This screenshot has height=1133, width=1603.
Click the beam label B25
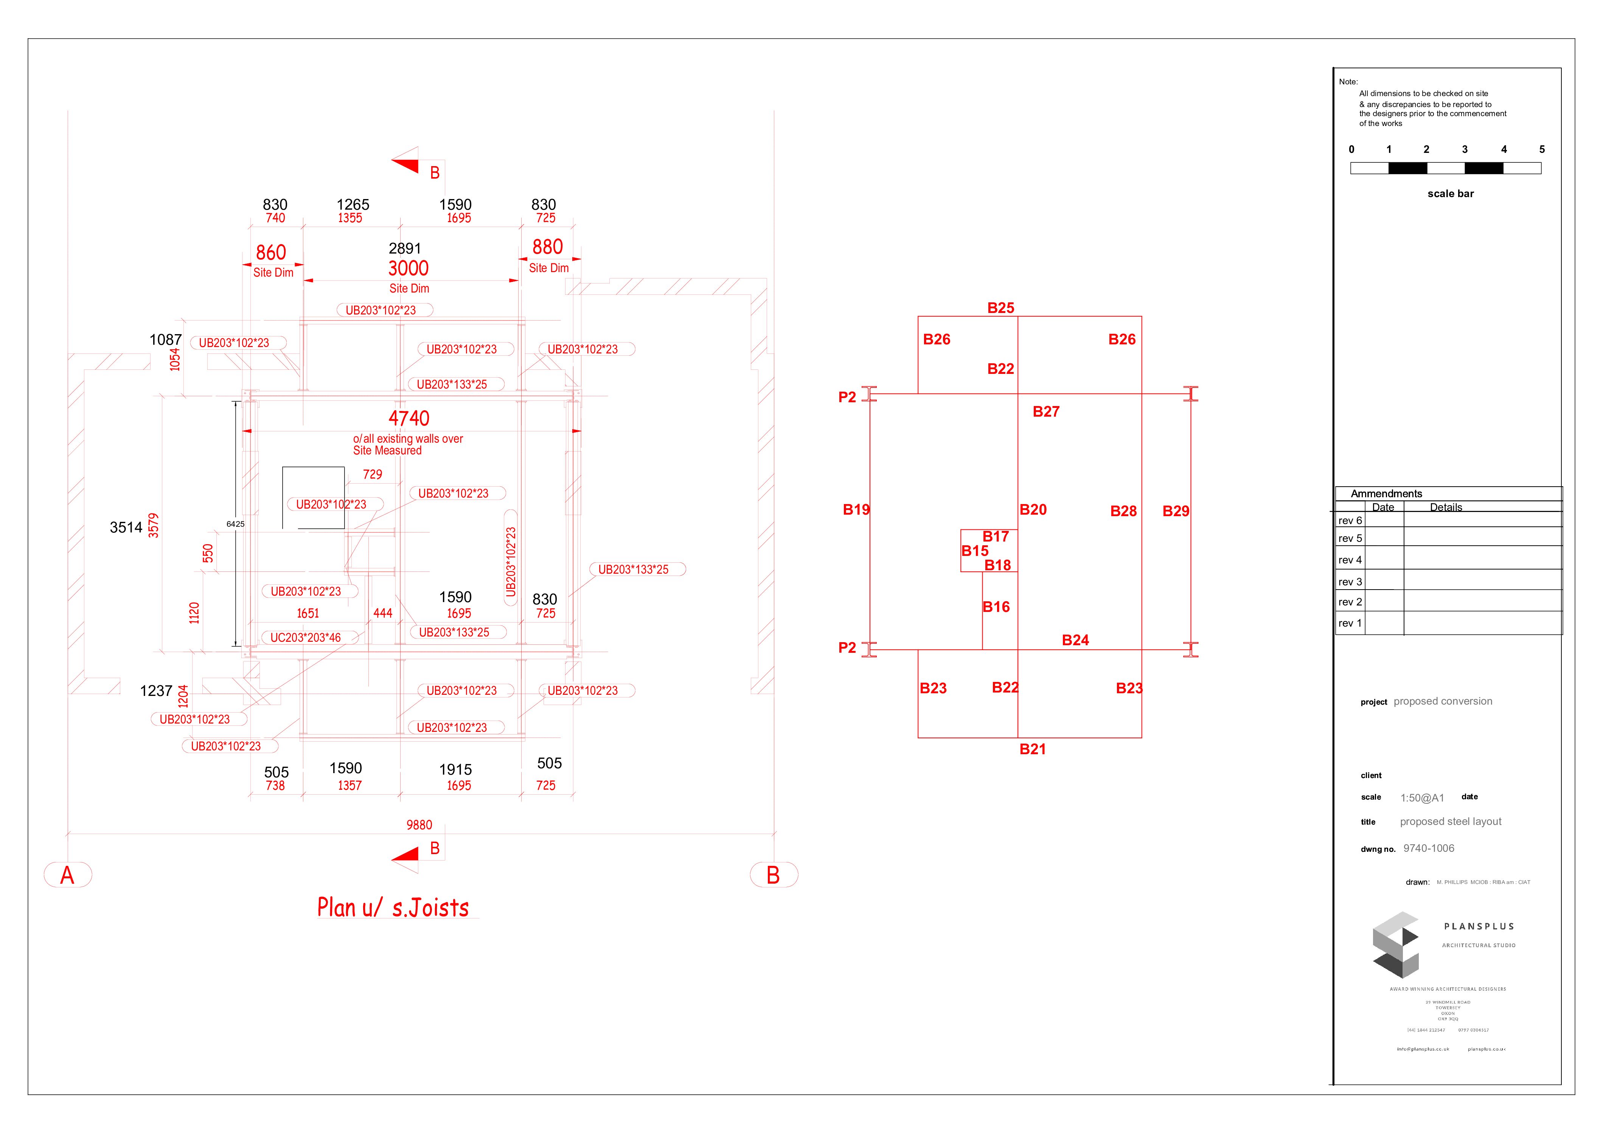click(x=1000, y=308)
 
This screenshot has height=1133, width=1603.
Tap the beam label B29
click(x=1176, y=511)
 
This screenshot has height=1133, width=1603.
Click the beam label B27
click(x=1046, y=412)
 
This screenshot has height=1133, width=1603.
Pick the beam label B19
click(x=856, y=510)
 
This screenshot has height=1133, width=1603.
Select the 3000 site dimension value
click(x=409, y=268)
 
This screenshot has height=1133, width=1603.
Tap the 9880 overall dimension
click(x=419, y=825)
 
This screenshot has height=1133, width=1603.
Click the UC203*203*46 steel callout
click(x=306, y=638)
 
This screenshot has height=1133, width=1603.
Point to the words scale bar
click(x=1450, y=193)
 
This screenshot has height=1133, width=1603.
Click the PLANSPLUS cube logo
click(x=1396, y=945)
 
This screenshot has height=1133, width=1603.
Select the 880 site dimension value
click(x=547, y=247)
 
